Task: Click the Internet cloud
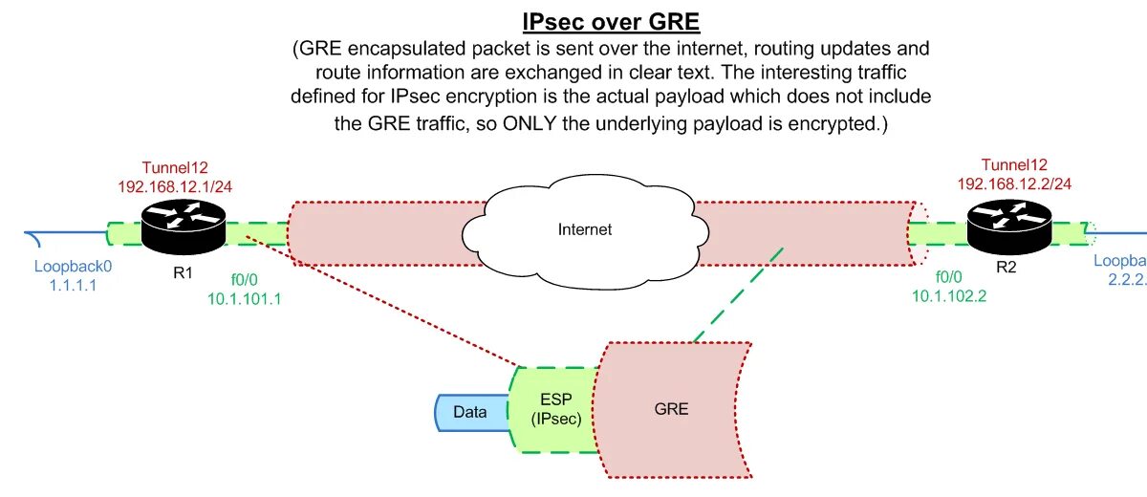583,229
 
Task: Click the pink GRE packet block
672,410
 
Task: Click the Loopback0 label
67,267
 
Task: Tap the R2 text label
1006,268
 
